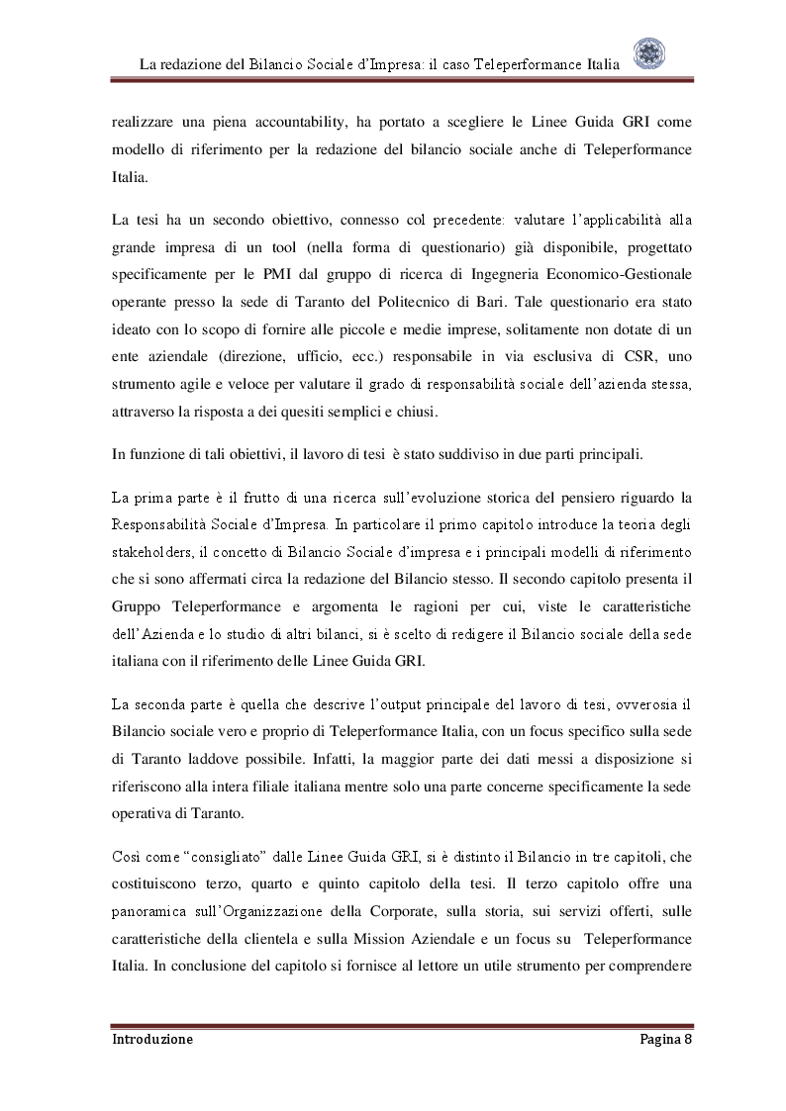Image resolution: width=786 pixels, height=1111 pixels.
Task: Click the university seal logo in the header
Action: coord(649,54)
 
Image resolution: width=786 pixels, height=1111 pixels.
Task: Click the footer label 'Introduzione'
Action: coord(152,1040)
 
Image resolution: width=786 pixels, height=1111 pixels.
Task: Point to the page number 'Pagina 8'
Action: coord(659,1040)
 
